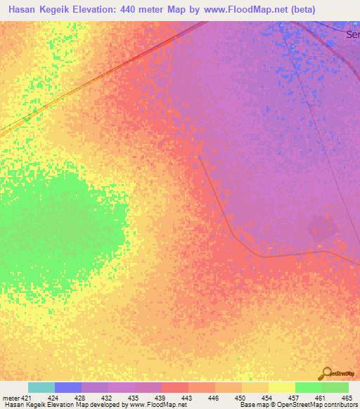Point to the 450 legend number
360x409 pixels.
[x=240, y=398]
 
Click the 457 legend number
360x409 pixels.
[x=294, y=398]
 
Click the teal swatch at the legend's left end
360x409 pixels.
[x=41, y=387]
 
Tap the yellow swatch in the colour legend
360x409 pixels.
[x=281, y=387]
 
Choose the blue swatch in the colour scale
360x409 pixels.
[x=68, y=387]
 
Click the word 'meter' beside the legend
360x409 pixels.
[x=11, y=398]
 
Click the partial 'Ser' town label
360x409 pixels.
[x=352, y=34]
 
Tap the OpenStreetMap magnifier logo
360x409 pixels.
[x=326, y=374]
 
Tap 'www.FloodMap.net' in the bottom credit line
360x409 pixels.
[x=156, y=405]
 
